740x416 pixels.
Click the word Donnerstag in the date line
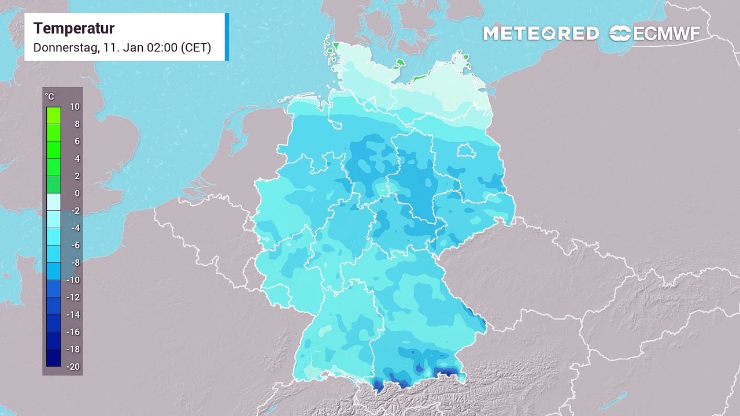65,48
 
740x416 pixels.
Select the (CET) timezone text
195,48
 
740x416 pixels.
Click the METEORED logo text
541,34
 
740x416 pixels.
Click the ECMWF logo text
667,34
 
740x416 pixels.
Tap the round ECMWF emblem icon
620,34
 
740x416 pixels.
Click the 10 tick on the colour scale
75,107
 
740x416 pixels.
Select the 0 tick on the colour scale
76,194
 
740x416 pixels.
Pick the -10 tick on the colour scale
73,280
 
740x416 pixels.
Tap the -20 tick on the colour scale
73,367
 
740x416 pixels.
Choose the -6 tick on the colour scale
75,246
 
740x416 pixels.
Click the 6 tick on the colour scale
76,142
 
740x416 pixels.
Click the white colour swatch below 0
54,202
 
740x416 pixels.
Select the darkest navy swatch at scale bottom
54,358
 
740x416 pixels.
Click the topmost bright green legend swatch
54,115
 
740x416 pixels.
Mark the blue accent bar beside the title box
227,37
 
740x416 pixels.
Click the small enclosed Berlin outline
465,151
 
